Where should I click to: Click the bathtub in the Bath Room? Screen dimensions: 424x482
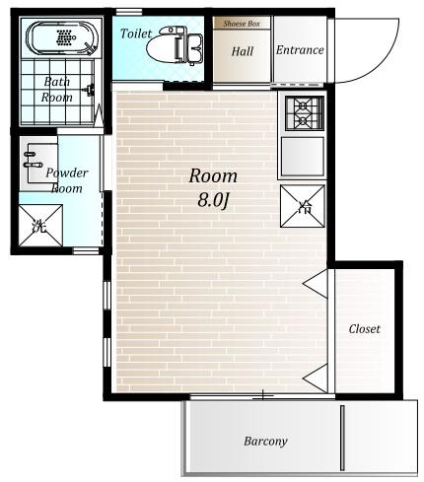[x=62, y=37]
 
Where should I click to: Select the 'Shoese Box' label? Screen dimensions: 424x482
[x=242, y=24]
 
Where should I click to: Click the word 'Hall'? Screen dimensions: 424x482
[x=243, y=51]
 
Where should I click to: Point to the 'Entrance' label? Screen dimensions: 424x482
[x=300, y=50]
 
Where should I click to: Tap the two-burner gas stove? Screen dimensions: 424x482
[x=305, y=113]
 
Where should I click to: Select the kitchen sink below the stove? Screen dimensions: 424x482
[x=303, y=157]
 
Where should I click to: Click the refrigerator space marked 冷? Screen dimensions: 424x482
[x=303, y=206]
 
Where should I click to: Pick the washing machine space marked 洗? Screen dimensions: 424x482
[x=40, y=226]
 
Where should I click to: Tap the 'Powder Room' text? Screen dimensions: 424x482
[x=67, y=180]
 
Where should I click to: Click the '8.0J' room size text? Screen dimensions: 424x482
[x=213, y=200]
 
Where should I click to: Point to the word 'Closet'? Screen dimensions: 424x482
[x=364, y=329]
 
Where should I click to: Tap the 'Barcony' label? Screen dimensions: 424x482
[x=265, y=441]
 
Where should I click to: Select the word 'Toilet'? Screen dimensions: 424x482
[x=136, y=34]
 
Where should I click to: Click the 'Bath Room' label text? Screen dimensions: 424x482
[x=56, y=90]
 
